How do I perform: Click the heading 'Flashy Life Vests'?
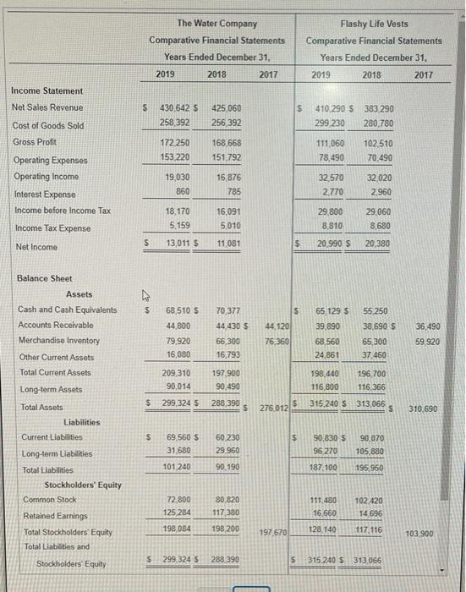[x=373, y=23]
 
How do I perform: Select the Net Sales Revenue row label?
[x=47, y=107]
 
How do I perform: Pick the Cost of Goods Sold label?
[x=47, y=125]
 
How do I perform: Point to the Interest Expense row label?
[x=42, y=194]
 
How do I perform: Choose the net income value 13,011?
[x=173, y=246]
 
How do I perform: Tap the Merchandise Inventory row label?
[x=58, y=341]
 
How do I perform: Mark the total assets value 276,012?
[x=274, y=410]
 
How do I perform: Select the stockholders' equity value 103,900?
[x=431, y=534]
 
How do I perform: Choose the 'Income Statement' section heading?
[x=47, y=90]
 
